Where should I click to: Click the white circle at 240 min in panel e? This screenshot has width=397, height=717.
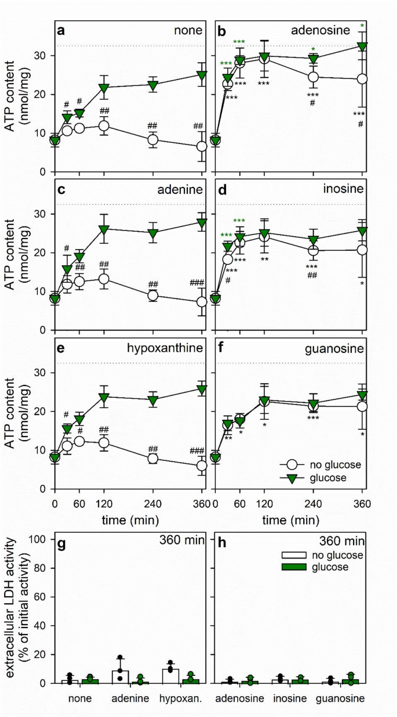[154, 458]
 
